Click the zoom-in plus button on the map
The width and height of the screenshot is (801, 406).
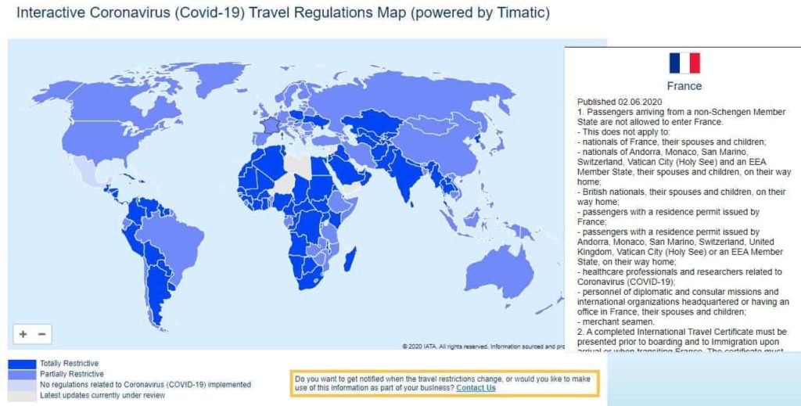pyautogui.click(x=23, y=334)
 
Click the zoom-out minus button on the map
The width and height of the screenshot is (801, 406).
pyautogui.click(x=42, y=334)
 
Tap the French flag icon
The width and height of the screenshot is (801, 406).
pyautogui.click(x=684, y=63)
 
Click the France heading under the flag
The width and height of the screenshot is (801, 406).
pyautogui.click(x=684, y=86)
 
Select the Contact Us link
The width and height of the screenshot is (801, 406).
pyautogui.click(x=476, y=388)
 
